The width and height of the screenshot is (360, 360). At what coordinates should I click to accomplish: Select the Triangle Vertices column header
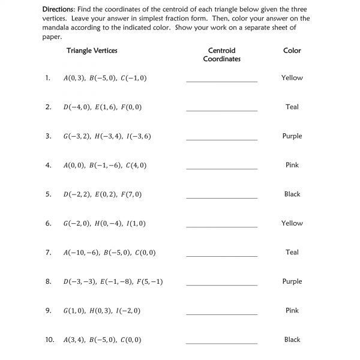click(x=92, y=50)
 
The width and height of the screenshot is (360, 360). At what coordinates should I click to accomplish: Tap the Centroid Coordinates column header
click(x=221, y=55)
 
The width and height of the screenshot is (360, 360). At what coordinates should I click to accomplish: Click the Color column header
click(x=292, y=50)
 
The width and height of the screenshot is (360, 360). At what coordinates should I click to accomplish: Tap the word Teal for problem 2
click(x=292, y=107)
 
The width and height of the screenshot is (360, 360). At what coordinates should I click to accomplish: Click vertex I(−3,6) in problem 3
click(x=139, y=136)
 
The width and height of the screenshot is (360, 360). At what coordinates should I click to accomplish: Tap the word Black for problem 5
click(x=292, y=194)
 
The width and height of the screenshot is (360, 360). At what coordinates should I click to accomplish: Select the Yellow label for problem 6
click(x=292, y=223)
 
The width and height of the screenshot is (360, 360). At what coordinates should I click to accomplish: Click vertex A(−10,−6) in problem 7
click(x=82, y=253)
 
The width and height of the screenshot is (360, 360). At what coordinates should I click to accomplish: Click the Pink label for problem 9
click(x=292, y=310)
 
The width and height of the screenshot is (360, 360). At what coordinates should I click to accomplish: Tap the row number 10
click(x=49, y=340)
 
